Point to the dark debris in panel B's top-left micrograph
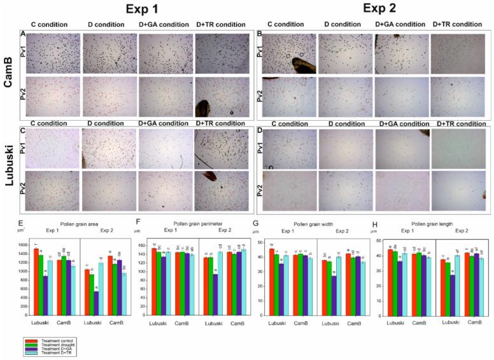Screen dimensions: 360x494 click(x=302, y=64)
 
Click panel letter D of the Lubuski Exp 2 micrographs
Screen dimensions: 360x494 click(x=258, y=132)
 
